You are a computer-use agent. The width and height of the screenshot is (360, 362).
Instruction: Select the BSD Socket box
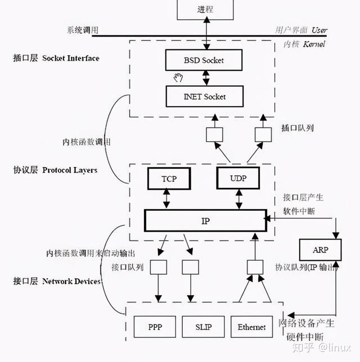tap(204, 60)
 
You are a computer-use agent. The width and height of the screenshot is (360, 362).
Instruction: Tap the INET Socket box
tap(204, 96)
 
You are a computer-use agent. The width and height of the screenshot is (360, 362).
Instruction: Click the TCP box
tap(168, 178)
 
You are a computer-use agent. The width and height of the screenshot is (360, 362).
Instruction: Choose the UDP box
tap(238, 178)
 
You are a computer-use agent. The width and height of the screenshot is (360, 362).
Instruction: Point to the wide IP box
tap(205, 220)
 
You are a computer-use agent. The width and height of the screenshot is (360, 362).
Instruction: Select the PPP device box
tap(155, 327)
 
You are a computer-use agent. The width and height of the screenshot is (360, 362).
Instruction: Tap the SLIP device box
tap(203, 327)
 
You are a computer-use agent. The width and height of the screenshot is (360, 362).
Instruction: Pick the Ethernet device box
tap(251, 327)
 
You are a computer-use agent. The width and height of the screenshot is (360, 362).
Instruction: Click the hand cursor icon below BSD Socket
tap(179, 77)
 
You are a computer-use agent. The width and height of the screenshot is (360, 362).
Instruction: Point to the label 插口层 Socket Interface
tap(56, 58)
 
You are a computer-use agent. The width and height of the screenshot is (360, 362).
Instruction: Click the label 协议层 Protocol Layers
tap(55, 170)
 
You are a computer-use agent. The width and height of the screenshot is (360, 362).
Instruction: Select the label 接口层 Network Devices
tap(57, 280)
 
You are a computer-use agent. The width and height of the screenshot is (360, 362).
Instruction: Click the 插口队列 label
tap(298, 128)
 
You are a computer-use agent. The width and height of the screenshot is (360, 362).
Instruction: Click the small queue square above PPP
tap(159, 266)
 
